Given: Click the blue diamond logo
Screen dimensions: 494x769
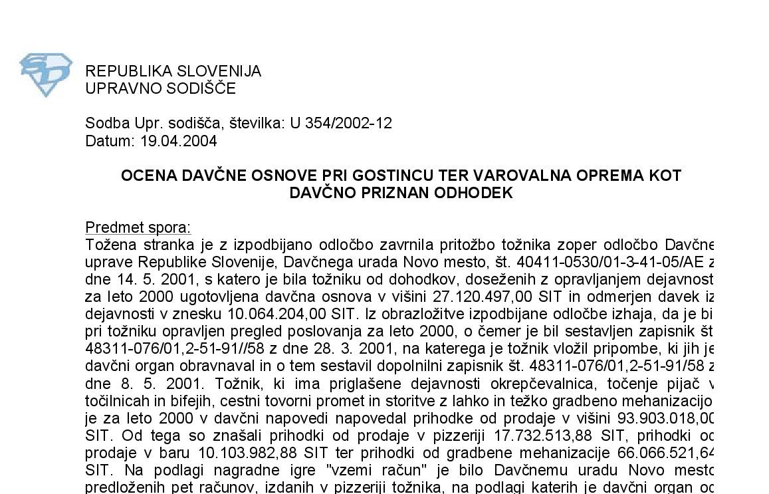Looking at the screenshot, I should [x=45, y=74].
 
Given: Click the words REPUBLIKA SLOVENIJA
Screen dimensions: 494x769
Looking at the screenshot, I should [x=173, y=71].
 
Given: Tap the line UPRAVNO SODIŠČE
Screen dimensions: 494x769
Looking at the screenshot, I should [x=160, y=88].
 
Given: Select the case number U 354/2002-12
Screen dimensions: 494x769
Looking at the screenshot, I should [x=340, y=123].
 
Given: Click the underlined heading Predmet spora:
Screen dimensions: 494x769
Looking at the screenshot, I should [x=138, y=227].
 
